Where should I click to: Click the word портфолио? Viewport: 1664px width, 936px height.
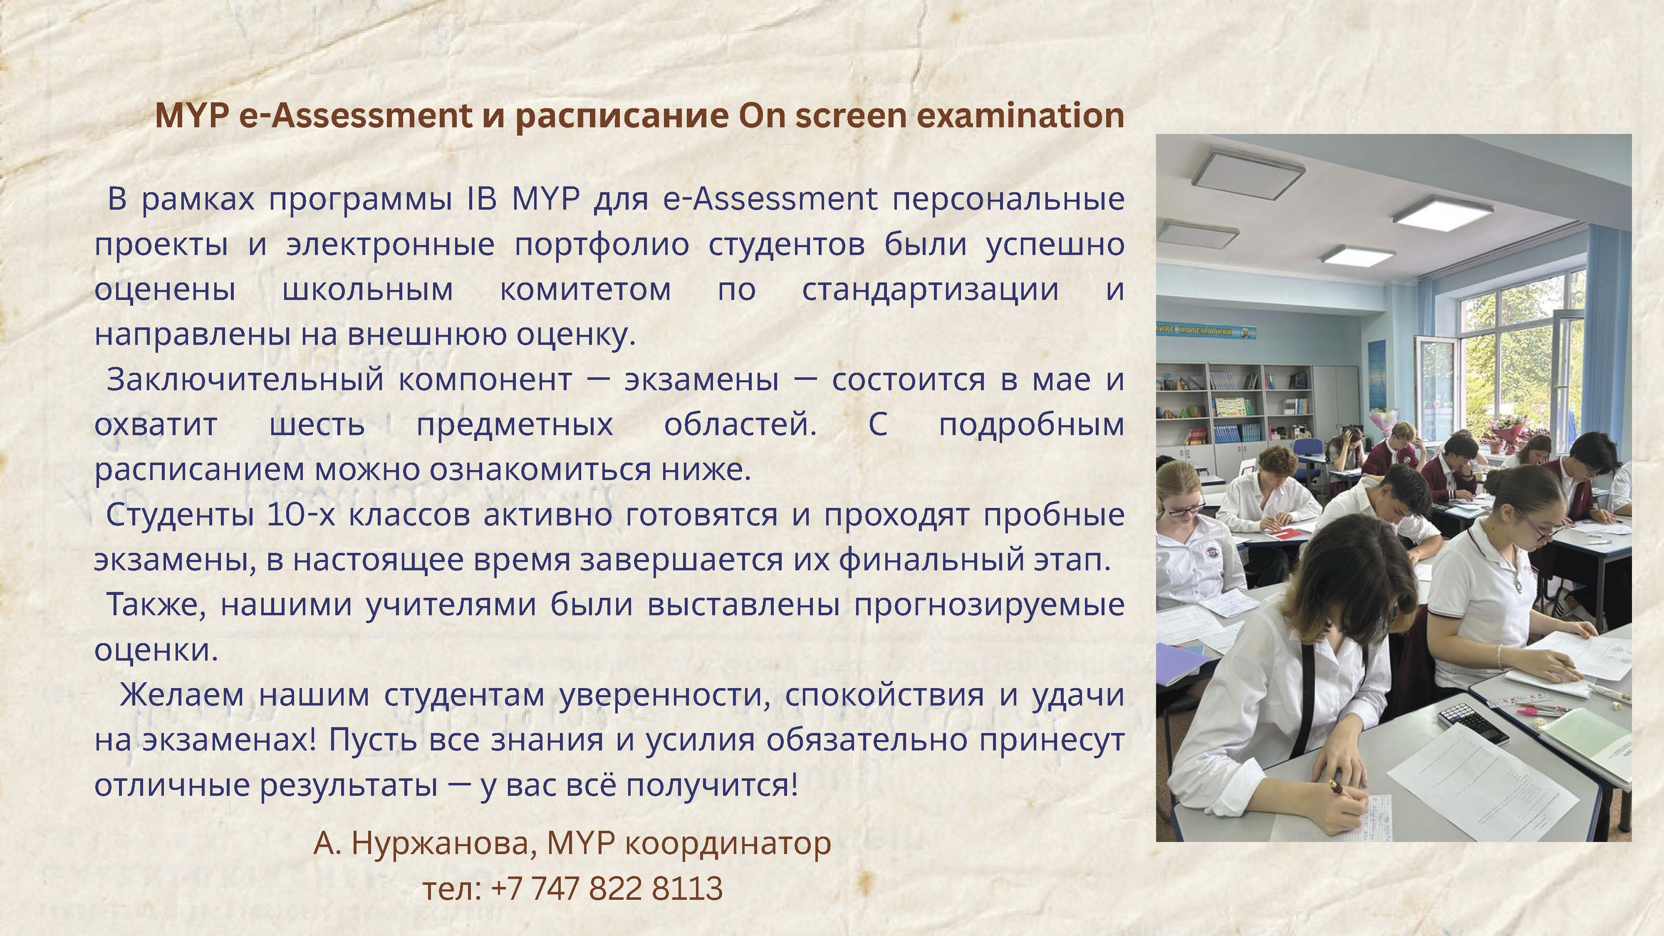tap(602, 245)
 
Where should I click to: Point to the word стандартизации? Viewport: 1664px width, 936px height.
tap(930, 290)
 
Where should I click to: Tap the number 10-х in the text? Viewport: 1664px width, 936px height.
tap(300, 515)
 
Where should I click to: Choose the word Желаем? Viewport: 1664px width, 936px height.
tap(181, 696)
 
